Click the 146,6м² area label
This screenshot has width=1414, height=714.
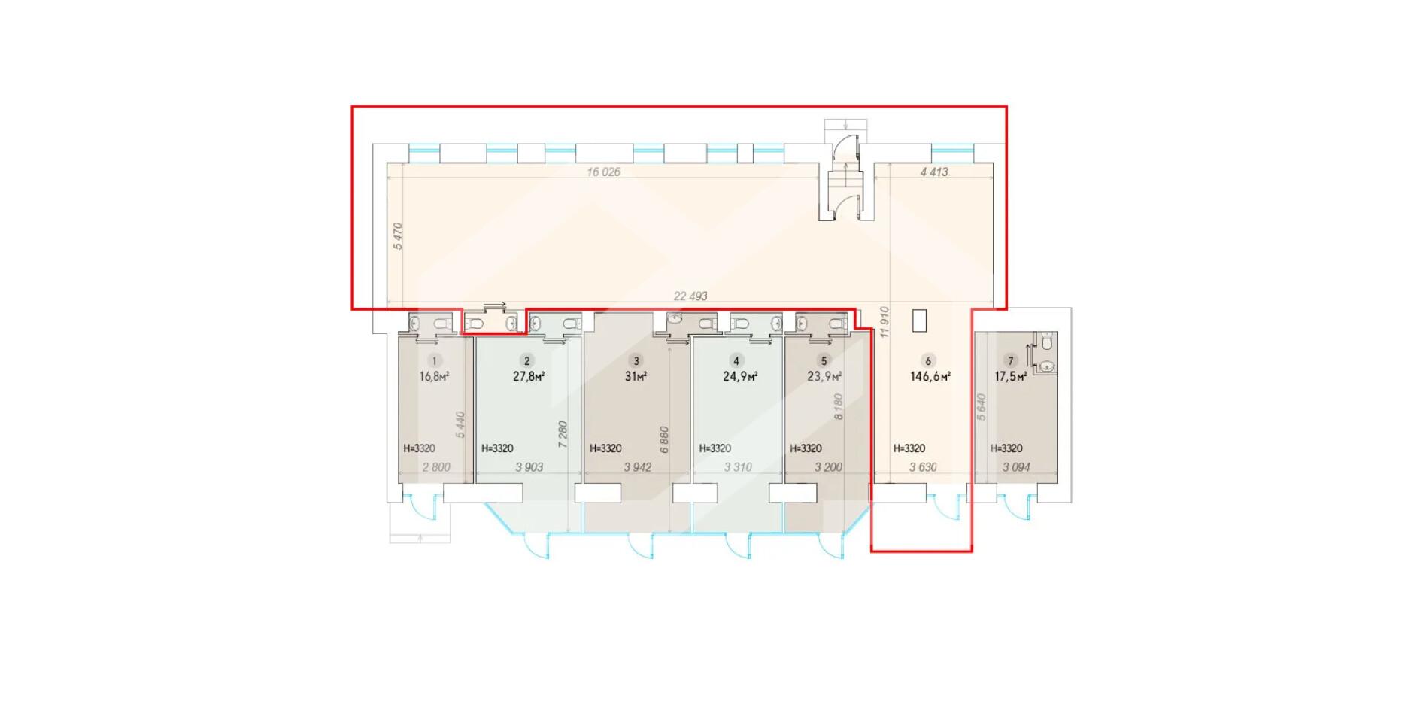[x=930, y=376]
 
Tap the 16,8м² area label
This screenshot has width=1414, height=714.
[x=434, y=376]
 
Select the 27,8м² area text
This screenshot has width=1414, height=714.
[x=529, y=376]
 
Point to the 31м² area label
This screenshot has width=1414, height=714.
[x=636, y=376]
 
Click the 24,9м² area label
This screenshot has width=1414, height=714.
[x=740, y=376]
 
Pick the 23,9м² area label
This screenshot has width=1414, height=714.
[x=824, y=376]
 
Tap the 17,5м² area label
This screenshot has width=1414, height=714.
[x=1011, y=376]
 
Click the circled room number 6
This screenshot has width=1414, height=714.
[x=927, y=361]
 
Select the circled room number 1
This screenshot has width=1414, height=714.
[x=434, y=361]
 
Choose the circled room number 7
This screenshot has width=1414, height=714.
[x=1010, y=361]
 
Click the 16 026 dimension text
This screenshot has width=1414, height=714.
[x=603, y=172]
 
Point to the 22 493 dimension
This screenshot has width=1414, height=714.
[x=690, y=296]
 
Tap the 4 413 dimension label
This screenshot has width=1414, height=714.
[x=934, y=172]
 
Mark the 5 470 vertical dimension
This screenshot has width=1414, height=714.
[x=398, y=236]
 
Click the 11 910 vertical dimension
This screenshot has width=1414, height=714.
[x=885, y=321]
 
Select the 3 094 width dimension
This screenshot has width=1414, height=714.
[x=1016, y=467]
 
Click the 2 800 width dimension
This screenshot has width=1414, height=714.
[x=436, y=467]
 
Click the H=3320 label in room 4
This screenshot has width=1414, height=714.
[x=715, y=448]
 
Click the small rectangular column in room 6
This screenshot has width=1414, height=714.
[x=919, y=321]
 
